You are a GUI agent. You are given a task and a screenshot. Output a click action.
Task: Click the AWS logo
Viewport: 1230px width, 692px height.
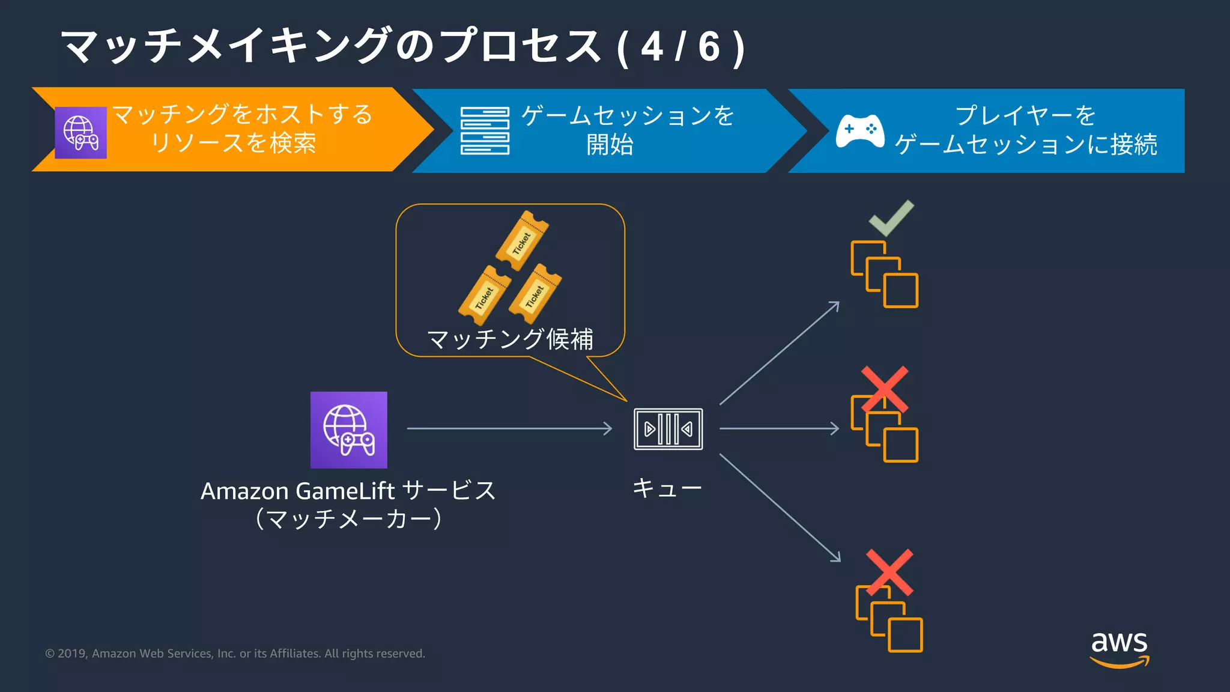click(x=1119, y=648)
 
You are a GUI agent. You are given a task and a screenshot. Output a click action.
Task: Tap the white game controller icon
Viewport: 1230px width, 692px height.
click(x=860, y=130)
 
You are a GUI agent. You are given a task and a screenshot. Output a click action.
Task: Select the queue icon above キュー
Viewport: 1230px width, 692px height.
click(x=668, y=429)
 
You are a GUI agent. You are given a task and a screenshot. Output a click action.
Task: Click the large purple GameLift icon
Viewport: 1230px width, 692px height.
click(x=348, y=429)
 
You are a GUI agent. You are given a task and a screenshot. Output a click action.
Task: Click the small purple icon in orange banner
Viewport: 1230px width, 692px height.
click(x=80, y=133)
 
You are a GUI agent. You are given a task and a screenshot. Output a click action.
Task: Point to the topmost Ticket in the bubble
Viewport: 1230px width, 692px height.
click(x=522, y=240)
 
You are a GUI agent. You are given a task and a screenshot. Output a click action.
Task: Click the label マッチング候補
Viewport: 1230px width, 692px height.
click(x=510, y=339)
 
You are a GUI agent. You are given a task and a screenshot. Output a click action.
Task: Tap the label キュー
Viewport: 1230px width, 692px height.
click(x=667, y=488)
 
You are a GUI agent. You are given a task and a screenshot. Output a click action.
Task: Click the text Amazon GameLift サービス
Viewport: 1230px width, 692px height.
click(x=348, y=491)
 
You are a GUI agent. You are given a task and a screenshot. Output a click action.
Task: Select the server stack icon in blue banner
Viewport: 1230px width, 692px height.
click(x=485, y=130)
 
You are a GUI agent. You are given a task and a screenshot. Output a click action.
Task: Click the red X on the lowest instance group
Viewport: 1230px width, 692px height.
click(x=889, y=572)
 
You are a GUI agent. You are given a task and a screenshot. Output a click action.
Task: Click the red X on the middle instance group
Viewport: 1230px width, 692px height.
click(x=884, y=389)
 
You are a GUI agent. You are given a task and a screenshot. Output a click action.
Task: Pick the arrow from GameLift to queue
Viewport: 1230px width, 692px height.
click(x=509, y=428)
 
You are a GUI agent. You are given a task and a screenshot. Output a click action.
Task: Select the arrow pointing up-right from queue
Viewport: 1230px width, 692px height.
click(x=779, y=353)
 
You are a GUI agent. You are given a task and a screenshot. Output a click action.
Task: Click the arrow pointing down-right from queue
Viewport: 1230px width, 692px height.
click(x=780, y=507)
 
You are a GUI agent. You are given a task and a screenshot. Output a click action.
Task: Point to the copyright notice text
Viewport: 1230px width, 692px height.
click(x=235, y=654)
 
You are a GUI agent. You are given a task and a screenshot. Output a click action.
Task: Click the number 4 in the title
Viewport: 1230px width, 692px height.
click(x=652, y=47)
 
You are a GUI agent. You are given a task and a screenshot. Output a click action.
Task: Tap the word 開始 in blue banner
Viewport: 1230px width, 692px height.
click(x=610, y=145)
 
